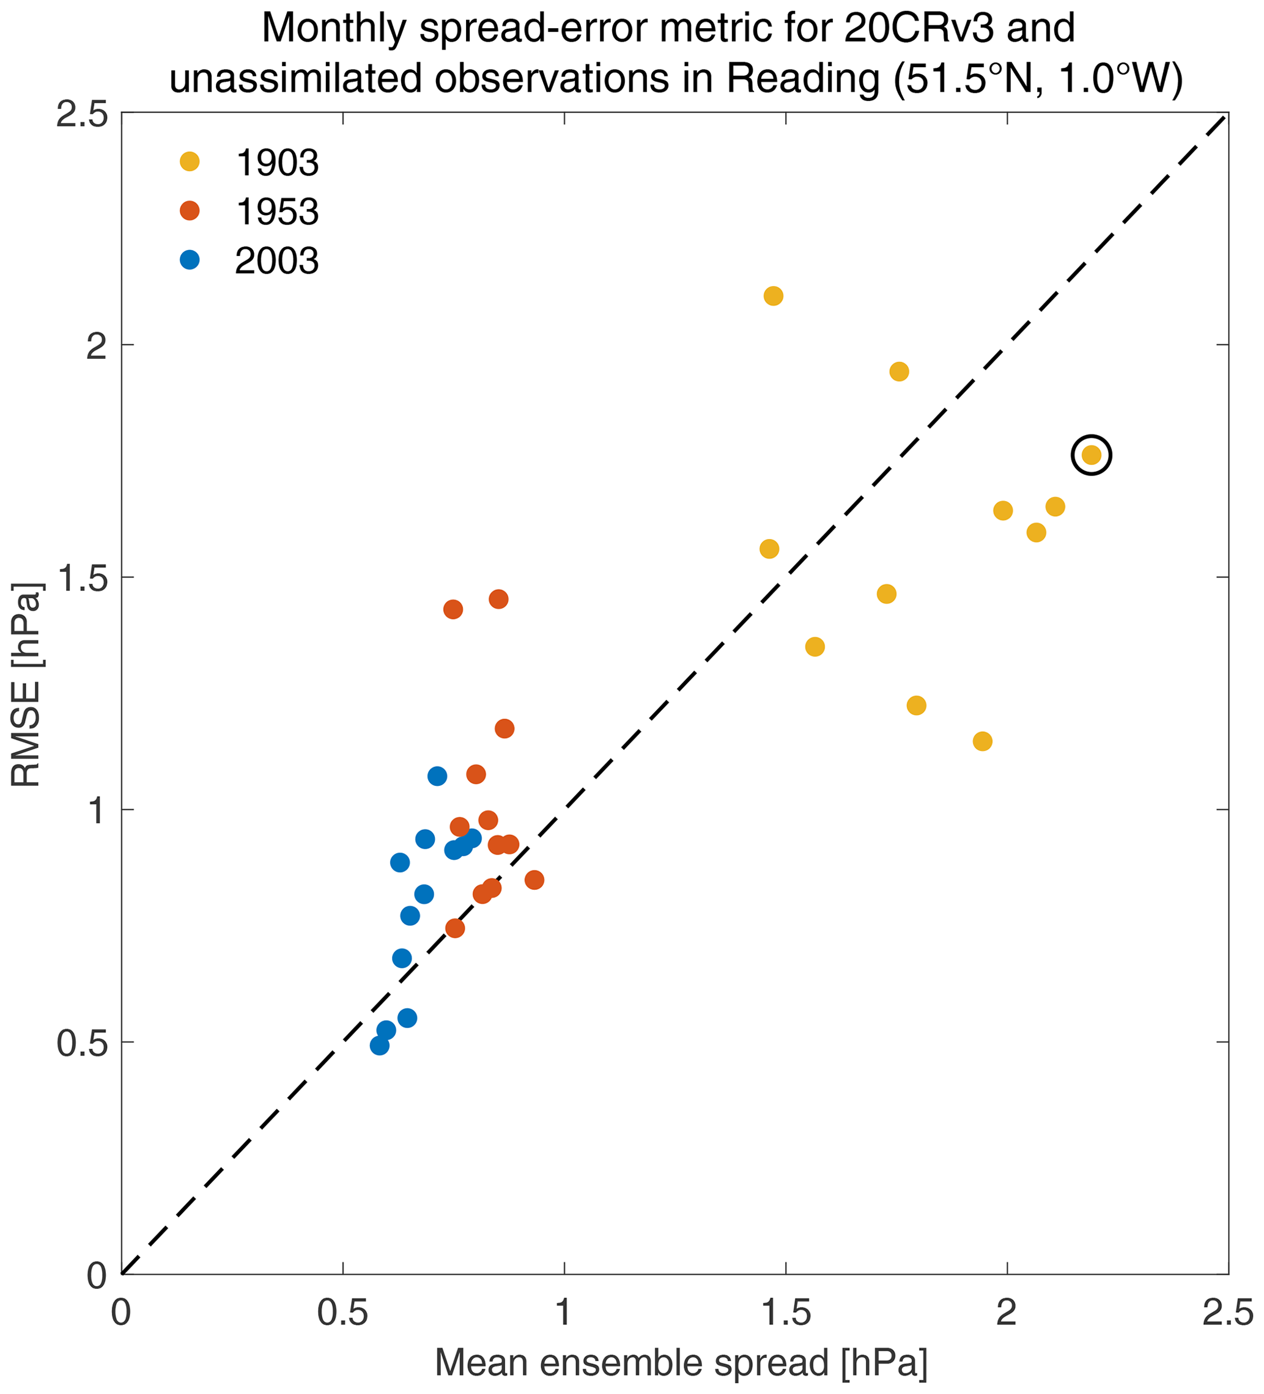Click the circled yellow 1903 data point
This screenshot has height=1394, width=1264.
pos(1091,455)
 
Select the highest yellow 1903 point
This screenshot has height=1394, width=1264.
pos(774,296)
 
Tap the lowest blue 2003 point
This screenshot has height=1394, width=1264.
pos(379,1046)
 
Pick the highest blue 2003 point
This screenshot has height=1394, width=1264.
pos(437,776)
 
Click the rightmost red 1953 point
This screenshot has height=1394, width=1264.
pos(534,880)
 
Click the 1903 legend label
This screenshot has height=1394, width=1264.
pos(277,163)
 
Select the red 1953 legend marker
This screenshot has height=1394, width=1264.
pos(190,211)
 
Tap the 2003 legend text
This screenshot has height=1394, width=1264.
pos(277,262)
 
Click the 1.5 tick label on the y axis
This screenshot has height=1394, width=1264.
pos(82,578)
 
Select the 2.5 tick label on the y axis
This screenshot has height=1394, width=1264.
pos(82,114)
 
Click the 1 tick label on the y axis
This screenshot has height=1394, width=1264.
pos(95,810)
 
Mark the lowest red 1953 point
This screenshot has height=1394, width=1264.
pos(454,928)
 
